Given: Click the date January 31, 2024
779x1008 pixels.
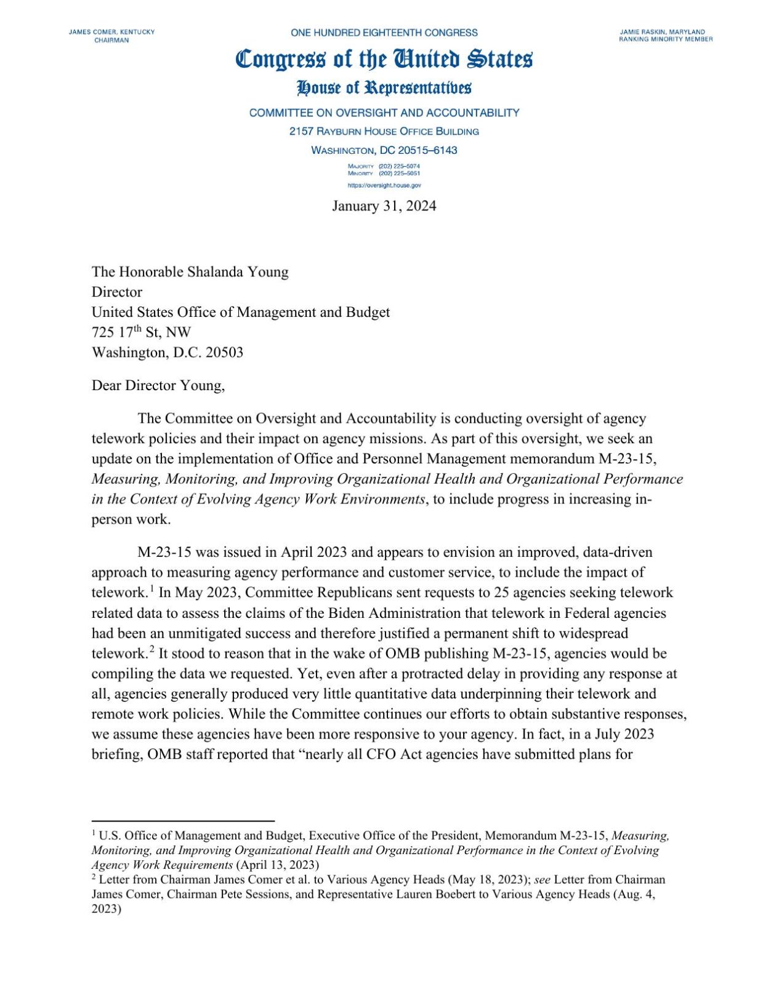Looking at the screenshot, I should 384,206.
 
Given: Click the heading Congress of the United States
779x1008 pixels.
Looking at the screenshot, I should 384,59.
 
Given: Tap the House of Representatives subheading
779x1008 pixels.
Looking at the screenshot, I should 384,88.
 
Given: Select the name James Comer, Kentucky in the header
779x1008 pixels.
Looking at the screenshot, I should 111,32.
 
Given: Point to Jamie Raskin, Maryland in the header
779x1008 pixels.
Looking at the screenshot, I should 662,32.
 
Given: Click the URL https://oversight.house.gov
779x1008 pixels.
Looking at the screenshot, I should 384,185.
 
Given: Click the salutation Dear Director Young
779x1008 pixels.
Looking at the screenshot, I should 158,386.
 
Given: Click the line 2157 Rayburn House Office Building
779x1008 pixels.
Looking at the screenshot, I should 384,132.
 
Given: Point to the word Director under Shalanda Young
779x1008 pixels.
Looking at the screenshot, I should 117,292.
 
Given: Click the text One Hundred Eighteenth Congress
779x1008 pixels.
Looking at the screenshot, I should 384,33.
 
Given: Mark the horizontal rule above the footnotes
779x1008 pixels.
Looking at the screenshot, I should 183,821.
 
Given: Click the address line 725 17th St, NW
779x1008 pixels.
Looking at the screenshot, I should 141,333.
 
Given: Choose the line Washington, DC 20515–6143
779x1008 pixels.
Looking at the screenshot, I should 384,151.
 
